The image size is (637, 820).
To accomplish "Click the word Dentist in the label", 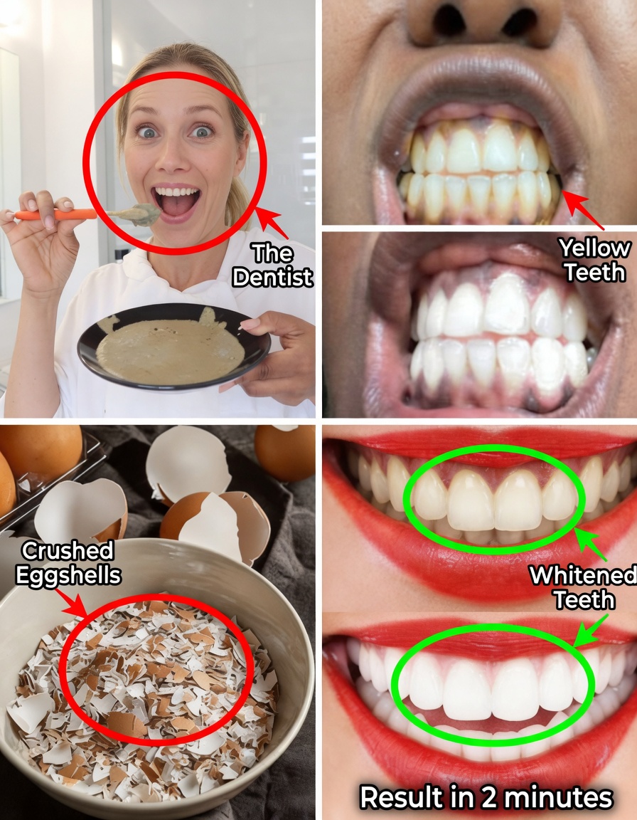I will [272, 276].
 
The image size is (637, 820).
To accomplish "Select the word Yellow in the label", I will [594, 248].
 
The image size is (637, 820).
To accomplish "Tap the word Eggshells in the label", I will [68, 575].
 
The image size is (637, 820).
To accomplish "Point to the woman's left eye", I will [202, 131].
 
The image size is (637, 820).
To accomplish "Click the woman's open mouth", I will [176, 203].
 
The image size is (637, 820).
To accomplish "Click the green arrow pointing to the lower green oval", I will [589, 629].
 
